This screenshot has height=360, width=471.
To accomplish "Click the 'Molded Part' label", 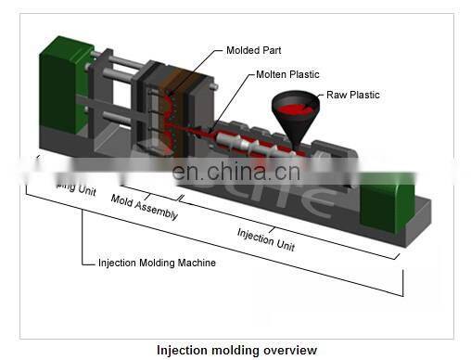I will tap(254, 50).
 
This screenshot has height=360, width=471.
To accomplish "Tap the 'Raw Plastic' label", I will tap(352, 95).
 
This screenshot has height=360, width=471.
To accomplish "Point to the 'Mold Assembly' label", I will tap(144, 207).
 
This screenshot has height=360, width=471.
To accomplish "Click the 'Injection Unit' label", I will tap(266, 238).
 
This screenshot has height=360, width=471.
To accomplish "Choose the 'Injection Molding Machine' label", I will tap(157, 263).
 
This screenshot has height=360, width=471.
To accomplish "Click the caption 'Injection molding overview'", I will tap(235, 350).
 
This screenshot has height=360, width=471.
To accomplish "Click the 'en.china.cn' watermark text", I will tap(235, 172).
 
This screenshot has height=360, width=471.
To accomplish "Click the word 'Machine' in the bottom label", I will tap(195, 263).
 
